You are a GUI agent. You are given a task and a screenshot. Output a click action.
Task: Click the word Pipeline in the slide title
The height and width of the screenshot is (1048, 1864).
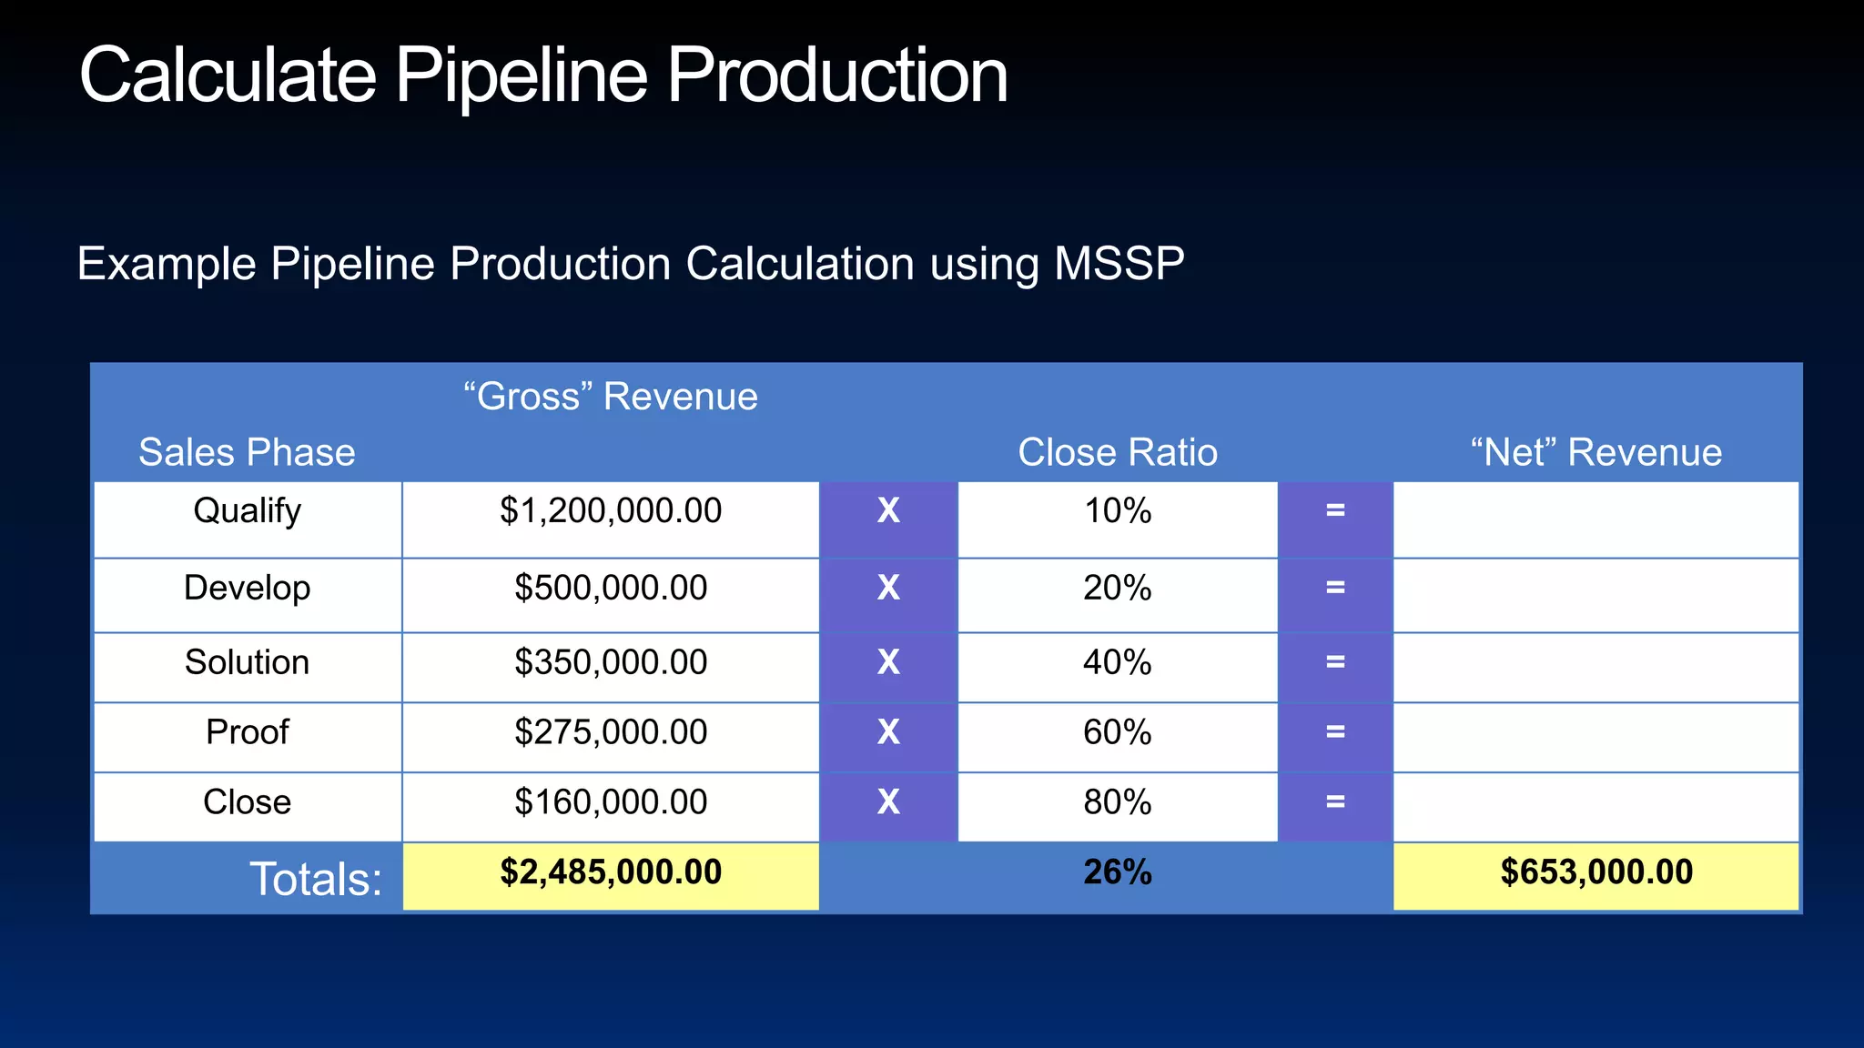pos(521,76)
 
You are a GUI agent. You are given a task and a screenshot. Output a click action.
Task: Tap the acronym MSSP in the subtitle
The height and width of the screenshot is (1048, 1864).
pos(1119,264)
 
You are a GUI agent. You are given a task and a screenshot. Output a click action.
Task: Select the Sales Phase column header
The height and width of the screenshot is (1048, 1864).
pos(247,452)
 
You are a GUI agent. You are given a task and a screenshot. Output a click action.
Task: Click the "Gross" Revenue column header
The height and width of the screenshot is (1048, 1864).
pos(611,397)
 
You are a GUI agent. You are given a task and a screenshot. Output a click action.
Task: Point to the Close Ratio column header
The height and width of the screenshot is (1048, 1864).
pos(1117,452)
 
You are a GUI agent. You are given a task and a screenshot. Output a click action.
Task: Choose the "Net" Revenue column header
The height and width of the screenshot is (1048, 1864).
pos(1596,452)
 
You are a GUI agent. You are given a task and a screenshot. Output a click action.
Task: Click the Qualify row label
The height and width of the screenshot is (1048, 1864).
pos(247,511)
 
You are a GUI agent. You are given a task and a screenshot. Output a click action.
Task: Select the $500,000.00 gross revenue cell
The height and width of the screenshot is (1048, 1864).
pos(611,588)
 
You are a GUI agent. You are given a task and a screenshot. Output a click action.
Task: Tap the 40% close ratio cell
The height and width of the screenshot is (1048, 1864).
pos(1117,662)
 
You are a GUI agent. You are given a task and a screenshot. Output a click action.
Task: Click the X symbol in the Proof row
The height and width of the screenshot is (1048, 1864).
pos(888,732)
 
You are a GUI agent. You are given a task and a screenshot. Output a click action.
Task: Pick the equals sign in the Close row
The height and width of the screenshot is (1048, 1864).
pos(1335,802)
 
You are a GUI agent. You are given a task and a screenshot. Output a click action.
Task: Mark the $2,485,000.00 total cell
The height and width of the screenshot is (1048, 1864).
pos(611,872)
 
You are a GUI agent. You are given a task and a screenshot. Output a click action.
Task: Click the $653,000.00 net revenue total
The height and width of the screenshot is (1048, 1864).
pos(1596,872)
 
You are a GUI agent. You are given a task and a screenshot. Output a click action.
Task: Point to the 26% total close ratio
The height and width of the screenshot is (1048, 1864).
pos(1117,872)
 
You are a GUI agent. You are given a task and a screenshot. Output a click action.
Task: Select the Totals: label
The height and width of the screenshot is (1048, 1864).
pos(315,880)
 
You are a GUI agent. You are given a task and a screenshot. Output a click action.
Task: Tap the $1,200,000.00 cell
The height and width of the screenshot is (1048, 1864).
pos(611,511)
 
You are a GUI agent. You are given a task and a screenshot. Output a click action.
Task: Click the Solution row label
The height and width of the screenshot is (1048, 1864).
pos(247,662)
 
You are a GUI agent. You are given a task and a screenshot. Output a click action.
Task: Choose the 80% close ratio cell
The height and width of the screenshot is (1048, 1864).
pos(1117,802)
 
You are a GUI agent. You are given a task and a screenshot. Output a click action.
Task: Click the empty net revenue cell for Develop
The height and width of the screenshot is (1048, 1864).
pos(1596,595)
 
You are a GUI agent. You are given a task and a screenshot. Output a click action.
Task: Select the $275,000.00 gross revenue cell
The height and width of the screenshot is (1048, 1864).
pos(611,732)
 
